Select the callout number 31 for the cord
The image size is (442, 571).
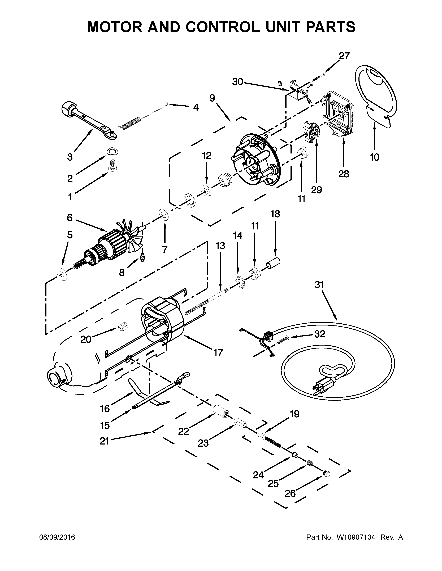[319, 285]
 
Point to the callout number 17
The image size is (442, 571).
[218, 353]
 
